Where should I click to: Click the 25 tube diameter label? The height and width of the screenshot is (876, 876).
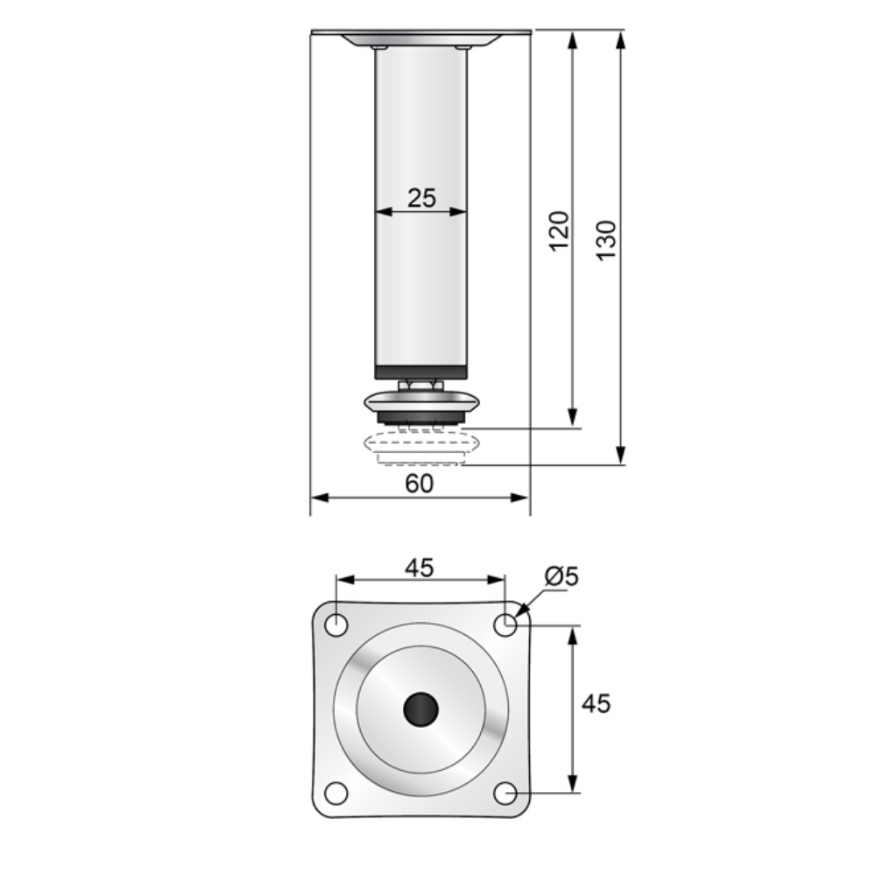coord(421,198)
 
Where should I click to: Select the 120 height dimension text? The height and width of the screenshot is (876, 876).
coord(559,230)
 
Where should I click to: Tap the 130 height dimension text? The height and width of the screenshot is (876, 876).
coord(606,239)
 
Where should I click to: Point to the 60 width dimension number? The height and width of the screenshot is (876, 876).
coord(420,484)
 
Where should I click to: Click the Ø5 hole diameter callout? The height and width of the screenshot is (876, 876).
coord(562,576)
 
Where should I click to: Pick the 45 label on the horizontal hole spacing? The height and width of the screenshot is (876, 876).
coord(419,568)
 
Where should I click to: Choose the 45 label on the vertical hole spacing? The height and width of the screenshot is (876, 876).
coord(596,703)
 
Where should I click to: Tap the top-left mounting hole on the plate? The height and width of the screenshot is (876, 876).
coord(336,625)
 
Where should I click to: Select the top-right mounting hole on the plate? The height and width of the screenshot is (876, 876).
coord(505,625)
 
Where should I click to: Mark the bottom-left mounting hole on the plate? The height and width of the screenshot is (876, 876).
coord(336,794)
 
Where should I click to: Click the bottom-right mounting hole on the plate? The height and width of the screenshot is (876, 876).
coord(505,794)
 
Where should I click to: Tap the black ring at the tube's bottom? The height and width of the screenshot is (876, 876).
coord(421,372)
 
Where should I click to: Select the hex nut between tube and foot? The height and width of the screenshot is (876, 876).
coord(420,385)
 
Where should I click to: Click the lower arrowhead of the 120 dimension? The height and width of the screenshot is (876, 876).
coord(572,420)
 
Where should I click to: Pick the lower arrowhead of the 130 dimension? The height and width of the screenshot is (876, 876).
coord(620,456)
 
